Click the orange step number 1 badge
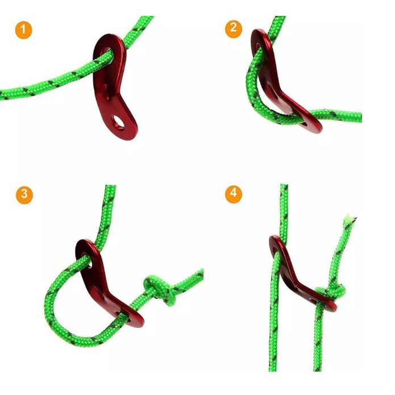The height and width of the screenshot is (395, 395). (24, 30)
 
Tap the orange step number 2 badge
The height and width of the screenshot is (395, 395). (234, 30)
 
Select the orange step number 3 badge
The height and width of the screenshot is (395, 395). (24, 196)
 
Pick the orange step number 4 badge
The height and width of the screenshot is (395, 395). (234, 194)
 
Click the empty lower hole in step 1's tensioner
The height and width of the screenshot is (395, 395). (118, 122)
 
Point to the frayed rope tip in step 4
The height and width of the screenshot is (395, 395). (350, 219)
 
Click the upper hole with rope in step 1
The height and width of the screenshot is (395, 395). (107, 53)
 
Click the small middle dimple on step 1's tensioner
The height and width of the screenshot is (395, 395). (106, 88)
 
